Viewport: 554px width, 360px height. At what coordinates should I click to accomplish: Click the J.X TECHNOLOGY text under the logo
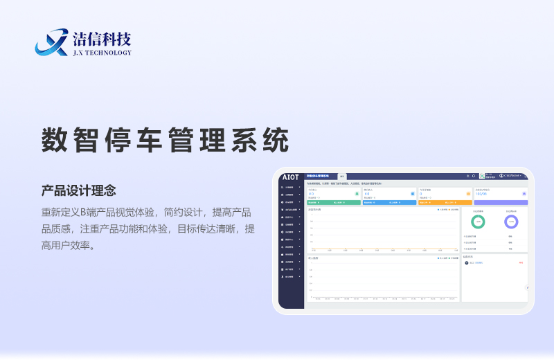(101, 53)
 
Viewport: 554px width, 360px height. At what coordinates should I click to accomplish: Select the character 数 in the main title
(57, 141)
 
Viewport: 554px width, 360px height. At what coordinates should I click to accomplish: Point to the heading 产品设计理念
(78, 190)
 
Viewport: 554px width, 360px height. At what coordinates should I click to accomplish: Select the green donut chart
(478, 222)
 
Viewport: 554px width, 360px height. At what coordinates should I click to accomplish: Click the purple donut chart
(511, 222)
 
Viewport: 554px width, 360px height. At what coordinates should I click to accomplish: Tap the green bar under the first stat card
(333, 203)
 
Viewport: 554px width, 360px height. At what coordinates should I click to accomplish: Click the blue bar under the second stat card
(389, 203)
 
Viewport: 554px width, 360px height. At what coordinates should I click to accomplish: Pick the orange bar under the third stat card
(445, 203)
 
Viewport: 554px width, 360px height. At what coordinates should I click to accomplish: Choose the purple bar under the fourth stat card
(501, 203)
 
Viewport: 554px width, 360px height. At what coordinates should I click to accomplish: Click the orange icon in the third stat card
(469, 194)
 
